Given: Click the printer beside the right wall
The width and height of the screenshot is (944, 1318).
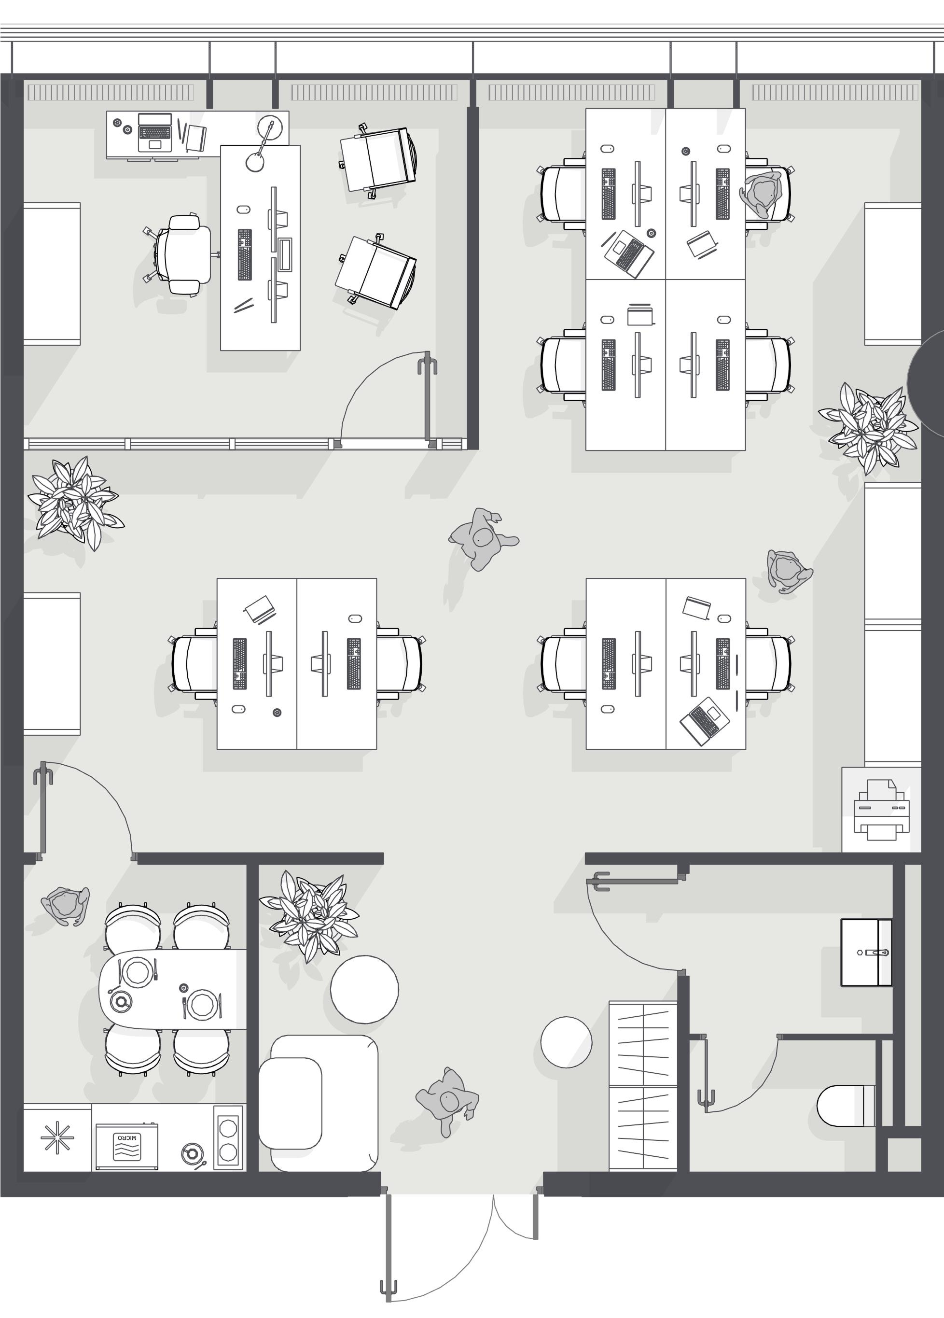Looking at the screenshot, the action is click(x=882, y=810).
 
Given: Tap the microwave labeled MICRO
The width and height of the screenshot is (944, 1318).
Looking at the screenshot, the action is click(x=126, y=1147).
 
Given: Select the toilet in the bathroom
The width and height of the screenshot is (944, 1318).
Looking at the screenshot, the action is click(x=847, y=1105).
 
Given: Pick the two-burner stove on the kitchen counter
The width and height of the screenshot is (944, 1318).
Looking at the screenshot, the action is click(x=228, y=1137).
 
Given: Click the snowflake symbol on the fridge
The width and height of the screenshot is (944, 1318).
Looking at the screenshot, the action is click(x=57, y=1138).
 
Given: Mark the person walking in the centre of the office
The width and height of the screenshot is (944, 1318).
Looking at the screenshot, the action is click(x=482, y=539).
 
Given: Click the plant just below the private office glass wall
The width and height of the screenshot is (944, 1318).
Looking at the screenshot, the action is click(x=75, y=503).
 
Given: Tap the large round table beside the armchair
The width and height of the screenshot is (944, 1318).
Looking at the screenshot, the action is click(x=365, y=989).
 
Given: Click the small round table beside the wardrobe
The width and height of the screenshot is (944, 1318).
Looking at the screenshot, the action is click(x=567, y=1042).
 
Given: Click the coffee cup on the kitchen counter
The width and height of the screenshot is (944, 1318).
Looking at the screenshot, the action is click(x=192, y=1153).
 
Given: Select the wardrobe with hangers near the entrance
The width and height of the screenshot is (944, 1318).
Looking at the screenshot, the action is click(x=643, y=1086).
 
